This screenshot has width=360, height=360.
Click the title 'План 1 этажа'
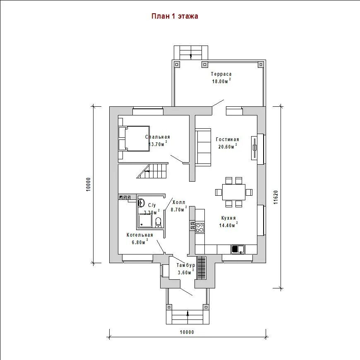click(175, 16)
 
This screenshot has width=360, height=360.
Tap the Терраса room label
click(221, 74)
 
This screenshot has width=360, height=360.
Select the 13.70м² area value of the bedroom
click(158, 144)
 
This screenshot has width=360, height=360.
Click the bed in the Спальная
click(134, 139)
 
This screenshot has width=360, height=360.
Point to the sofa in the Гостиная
click(203, 147)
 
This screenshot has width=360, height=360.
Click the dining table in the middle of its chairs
click(234, 192)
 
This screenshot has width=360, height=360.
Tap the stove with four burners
click(200, 228)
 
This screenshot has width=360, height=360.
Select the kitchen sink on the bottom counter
click(238, 249)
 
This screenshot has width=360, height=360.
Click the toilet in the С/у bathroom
click(158, 222)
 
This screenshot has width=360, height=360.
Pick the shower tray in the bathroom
click(145, 221)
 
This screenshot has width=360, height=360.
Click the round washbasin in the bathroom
click(141, 203)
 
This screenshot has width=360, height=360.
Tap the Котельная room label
click(140, 235)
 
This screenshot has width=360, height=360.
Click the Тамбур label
click(186, 265)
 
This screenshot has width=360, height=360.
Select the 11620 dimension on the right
click(276, 197)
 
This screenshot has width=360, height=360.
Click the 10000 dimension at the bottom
click(187, 332)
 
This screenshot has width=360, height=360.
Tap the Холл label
click(179, 202)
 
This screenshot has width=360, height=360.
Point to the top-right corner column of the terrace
click(261, 65)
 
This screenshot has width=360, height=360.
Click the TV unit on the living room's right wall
click(254, 148)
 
